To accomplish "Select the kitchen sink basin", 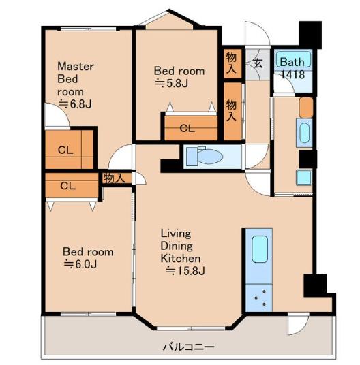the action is click(x=260, y=249).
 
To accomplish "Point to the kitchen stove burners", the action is click(x=259, y=298).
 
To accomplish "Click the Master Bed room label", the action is click(x=76, y=79).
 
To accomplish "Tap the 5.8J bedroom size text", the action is click(x=172, y=83).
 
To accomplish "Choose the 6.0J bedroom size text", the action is click(x=80, y=264).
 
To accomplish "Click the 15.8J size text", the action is click(x=185, y=271).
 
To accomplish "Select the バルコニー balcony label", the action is click(x=188, y=347).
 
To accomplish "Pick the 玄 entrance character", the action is click(x=258, y=63).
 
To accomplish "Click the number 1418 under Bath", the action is click(x=293, y=74).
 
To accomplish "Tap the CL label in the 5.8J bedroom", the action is click(x=187, y=128).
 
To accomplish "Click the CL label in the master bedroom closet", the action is click(x=65, y=150).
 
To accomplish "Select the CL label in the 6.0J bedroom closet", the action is click(x=67, y=186).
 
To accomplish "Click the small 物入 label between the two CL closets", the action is click(x=114, y=178).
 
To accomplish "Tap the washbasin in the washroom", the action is click(x=304, y=133).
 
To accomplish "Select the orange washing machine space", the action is click(x=306, y=108).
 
